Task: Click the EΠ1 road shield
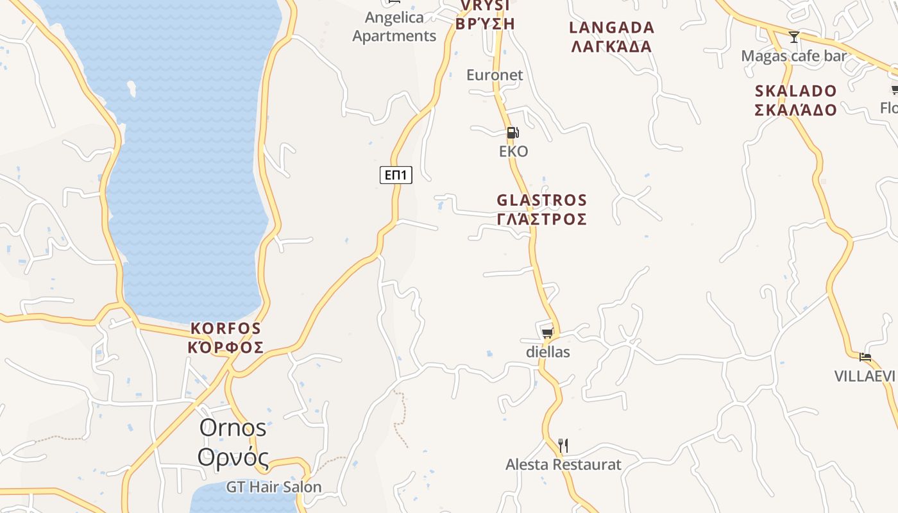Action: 396,175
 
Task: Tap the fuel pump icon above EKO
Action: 513,133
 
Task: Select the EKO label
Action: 514,151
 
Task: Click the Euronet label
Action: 495,75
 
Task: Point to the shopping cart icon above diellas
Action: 547,332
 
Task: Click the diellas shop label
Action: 548,352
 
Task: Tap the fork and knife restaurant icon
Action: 563,445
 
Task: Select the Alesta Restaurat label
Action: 563,464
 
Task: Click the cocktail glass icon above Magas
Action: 794,37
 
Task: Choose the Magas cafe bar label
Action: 794,56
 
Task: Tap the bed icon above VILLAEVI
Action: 865,357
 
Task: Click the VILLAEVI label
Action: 865,376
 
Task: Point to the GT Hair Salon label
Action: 274,487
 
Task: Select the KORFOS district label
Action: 226,338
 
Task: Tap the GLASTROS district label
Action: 542,210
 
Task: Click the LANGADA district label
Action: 612,37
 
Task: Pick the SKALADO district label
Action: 795,100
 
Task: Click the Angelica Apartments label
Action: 394,27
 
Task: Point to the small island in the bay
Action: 131,88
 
